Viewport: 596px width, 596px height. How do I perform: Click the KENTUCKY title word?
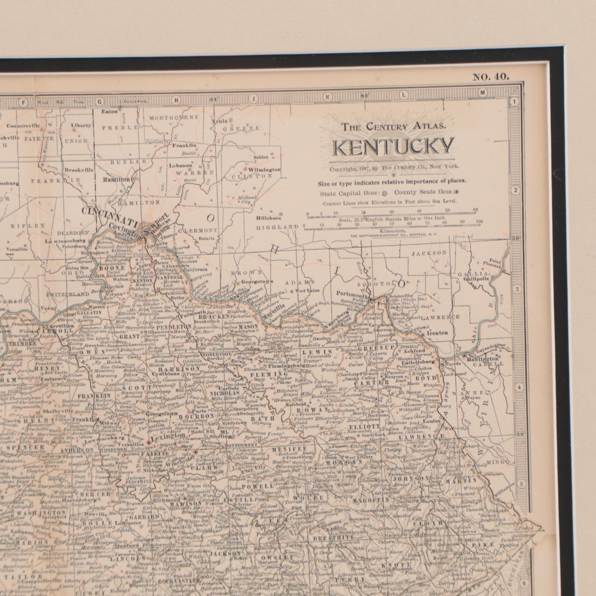tap(393, 147)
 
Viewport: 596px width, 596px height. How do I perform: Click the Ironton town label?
tap(437, 333)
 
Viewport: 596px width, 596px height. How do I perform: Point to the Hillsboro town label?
tap(268, 218)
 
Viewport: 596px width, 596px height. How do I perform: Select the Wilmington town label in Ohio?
tap(264, 170)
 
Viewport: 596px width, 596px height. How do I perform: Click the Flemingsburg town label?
tap(287, 366)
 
